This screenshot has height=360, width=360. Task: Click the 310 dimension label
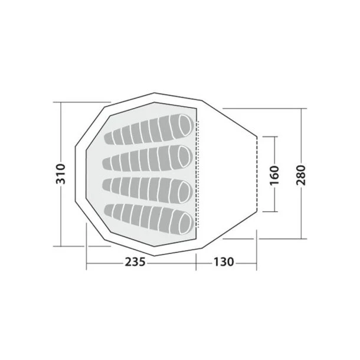(61, 174)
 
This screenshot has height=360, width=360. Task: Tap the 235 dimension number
(135, 261)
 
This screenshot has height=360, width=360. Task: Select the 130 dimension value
(224, 261)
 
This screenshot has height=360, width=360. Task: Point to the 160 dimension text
(274, 175)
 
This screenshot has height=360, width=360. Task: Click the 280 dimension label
(301, 175)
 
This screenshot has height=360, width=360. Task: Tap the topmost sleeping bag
(149, 129)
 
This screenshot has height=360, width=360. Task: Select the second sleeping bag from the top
(148, 158)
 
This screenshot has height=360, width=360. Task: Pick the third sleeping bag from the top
(148, 189)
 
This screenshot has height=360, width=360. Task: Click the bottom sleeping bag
(149, 219)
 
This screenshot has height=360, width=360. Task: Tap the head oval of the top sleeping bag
(186, 125)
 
